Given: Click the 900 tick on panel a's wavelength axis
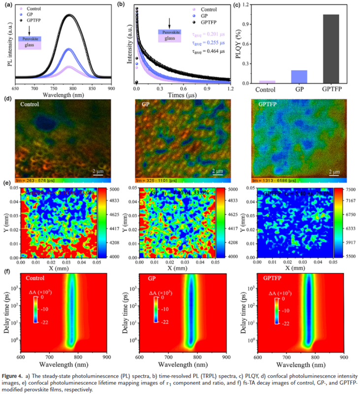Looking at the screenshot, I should pos(111,88).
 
